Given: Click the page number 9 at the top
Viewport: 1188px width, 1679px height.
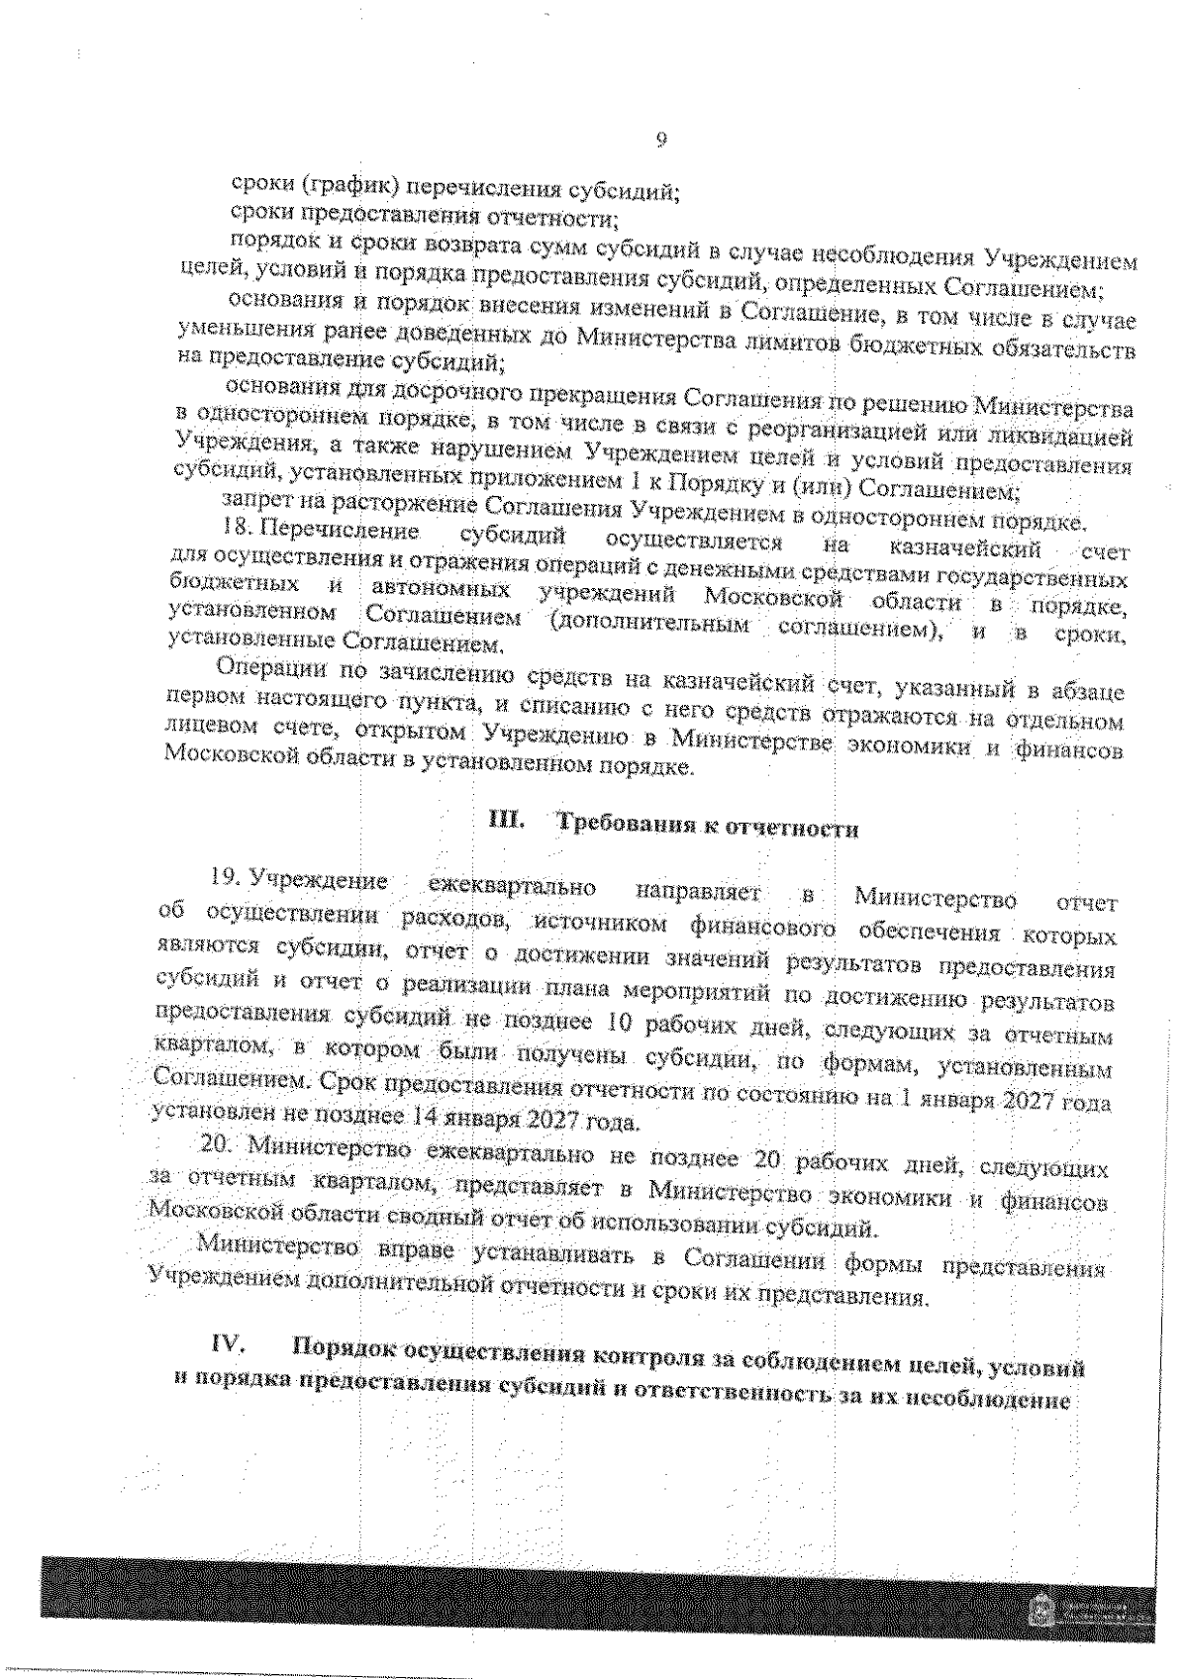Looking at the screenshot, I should (660, 140).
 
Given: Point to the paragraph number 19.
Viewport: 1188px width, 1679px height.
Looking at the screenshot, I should (227, 876).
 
